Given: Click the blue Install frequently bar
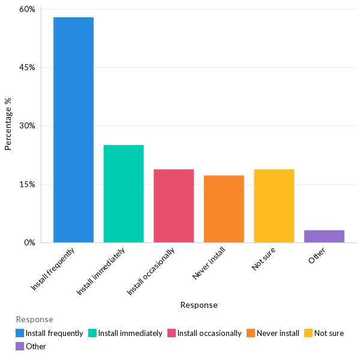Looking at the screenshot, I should pyautogui.click(x=73, y=130).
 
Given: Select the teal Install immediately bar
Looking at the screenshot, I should pyautogui.click(x=124, y=193).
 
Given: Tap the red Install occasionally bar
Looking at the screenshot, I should pyautogui.click(x=173, y=206).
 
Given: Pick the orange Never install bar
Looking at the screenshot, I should pyautogui.click(x=224, y=209).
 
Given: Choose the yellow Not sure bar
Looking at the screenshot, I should pyautogui.click(x=274, y=206).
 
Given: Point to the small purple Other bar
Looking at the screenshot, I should pyautogui.click(x=324, y=236).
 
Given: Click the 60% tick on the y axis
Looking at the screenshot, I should pyautogui.click(x=27, y=10).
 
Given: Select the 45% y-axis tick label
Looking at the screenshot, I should pyautogui.click(x=27, y=68).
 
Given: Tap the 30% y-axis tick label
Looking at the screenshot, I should pyautogui.click(x=27, y=126).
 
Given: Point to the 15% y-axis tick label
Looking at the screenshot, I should pyautogui.click(x=27, y=184).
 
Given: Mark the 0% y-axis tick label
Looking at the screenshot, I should pyautogui.click(x=29, y=242).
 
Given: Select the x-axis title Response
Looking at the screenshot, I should pyautogui.click(x=199, y=305).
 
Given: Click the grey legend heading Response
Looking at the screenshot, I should pyautogui.click(x=34, y=319).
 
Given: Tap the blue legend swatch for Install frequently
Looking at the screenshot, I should pyautogui.click(x=20, y=333).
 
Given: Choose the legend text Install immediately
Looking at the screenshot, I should pyautogui.click(x=130, y=333).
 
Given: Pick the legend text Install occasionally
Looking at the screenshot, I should pyautogui.click(x=209, y=333).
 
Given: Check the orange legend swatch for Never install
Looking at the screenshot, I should pyautogui.click(x=250, y=333).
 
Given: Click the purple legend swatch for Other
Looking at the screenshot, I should pyautogui.click(x=20, y=346).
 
